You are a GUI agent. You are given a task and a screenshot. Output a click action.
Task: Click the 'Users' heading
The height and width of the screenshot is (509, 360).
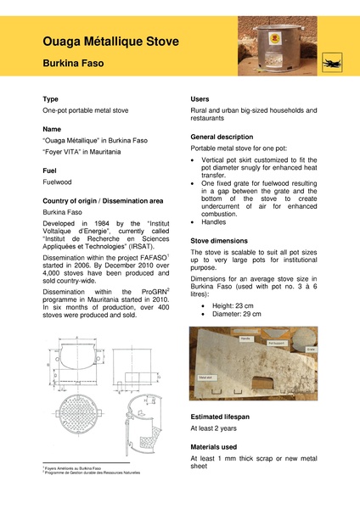[200, 99]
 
